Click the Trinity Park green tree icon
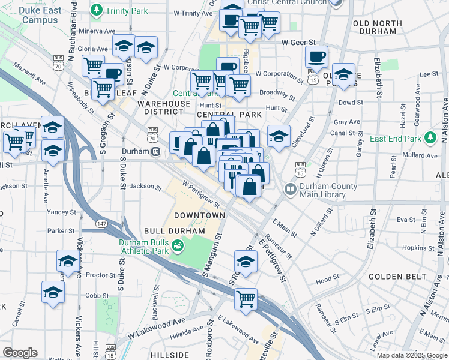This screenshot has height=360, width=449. click(x=96, y=11)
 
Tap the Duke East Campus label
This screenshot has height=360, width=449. click(x=40, y=15)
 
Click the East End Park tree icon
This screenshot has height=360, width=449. click(x=430, y=139)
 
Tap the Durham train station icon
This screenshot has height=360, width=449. click(x=155, y=152)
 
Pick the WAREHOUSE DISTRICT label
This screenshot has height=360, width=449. click(x=164, y=107)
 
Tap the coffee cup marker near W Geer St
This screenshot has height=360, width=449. click(x=316, y=57)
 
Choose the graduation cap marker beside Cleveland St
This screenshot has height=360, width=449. click(x=279, y=136)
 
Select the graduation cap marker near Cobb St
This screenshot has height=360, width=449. click(x=53, y=292)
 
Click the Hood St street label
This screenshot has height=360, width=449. click(x=327, y=279)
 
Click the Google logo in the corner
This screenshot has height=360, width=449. click(x=20, y=353)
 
